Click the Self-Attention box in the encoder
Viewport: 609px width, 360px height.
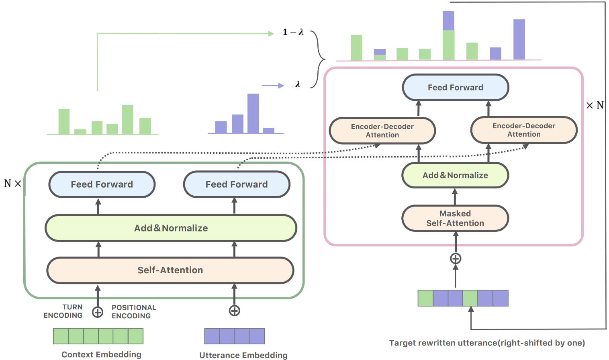click(170, 270)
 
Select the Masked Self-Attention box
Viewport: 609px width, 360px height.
click(455, 218)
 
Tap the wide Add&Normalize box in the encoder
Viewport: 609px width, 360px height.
click(171, 228)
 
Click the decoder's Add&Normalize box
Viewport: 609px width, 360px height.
click(455, 175)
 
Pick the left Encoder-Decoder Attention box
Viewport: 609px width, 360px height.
click(382, 131)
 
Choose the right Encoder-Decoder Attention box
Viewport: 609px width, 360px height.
click(524, 130)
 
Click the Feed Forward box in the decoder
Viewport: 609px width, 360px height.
click(456, 88)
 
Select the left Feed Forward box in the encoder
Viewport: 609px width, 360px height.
click(102, 184)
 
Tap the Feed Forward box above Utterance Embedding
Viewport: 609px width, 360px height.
click(237, 184)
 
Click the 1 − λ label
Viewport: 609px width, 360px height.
click(293, 32)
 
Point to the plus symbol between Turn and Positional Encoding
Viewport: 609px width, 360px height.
click(98, 312)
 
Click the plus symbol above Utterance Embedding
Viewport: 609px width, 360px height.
click(234, 311)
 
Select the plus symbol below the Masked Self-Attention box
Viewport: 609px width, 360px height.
click(456, 259)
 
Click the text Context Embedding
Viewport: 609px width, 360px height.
click(101, 354)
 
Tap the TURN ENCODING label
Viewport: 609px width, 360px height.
click(63, 311)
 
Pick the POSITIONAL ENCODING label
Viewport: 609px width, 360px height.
click(134, 312)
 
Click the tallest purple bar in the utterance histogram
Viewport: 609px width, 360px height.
click(253, 114)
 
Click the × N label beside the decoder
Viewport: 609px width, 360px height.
click(595, 105)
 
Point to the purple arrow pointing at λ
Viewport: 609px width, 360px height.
click(273, 86)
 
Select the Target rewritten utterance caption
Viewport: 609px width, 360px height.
click(487, 343)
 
